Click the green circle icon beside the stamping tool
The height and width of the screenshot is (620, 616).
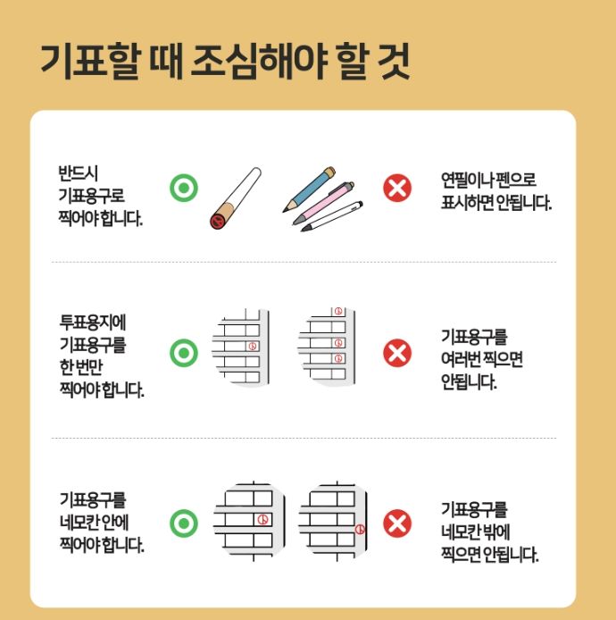[183, 189]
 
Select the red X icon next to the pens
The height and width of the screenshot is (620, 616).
[397, 189]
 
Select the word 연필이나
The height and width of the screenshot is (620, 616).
[467, 180]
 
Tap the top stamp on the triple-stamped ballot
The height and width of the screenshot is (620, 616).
[338, 313]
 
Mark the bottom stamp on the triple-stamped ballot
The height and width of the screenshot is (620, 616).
[338, 358]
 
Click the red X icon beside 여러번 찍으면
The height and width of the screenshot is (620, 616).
[397, 354]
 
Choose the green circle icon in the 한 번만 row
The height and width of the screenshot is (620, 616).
[183, 354]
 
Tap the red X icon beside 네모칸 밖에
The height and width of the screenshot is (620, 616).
[397, 523]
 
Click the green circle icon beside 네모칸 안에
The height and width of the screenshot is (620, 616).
[183, 523]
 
